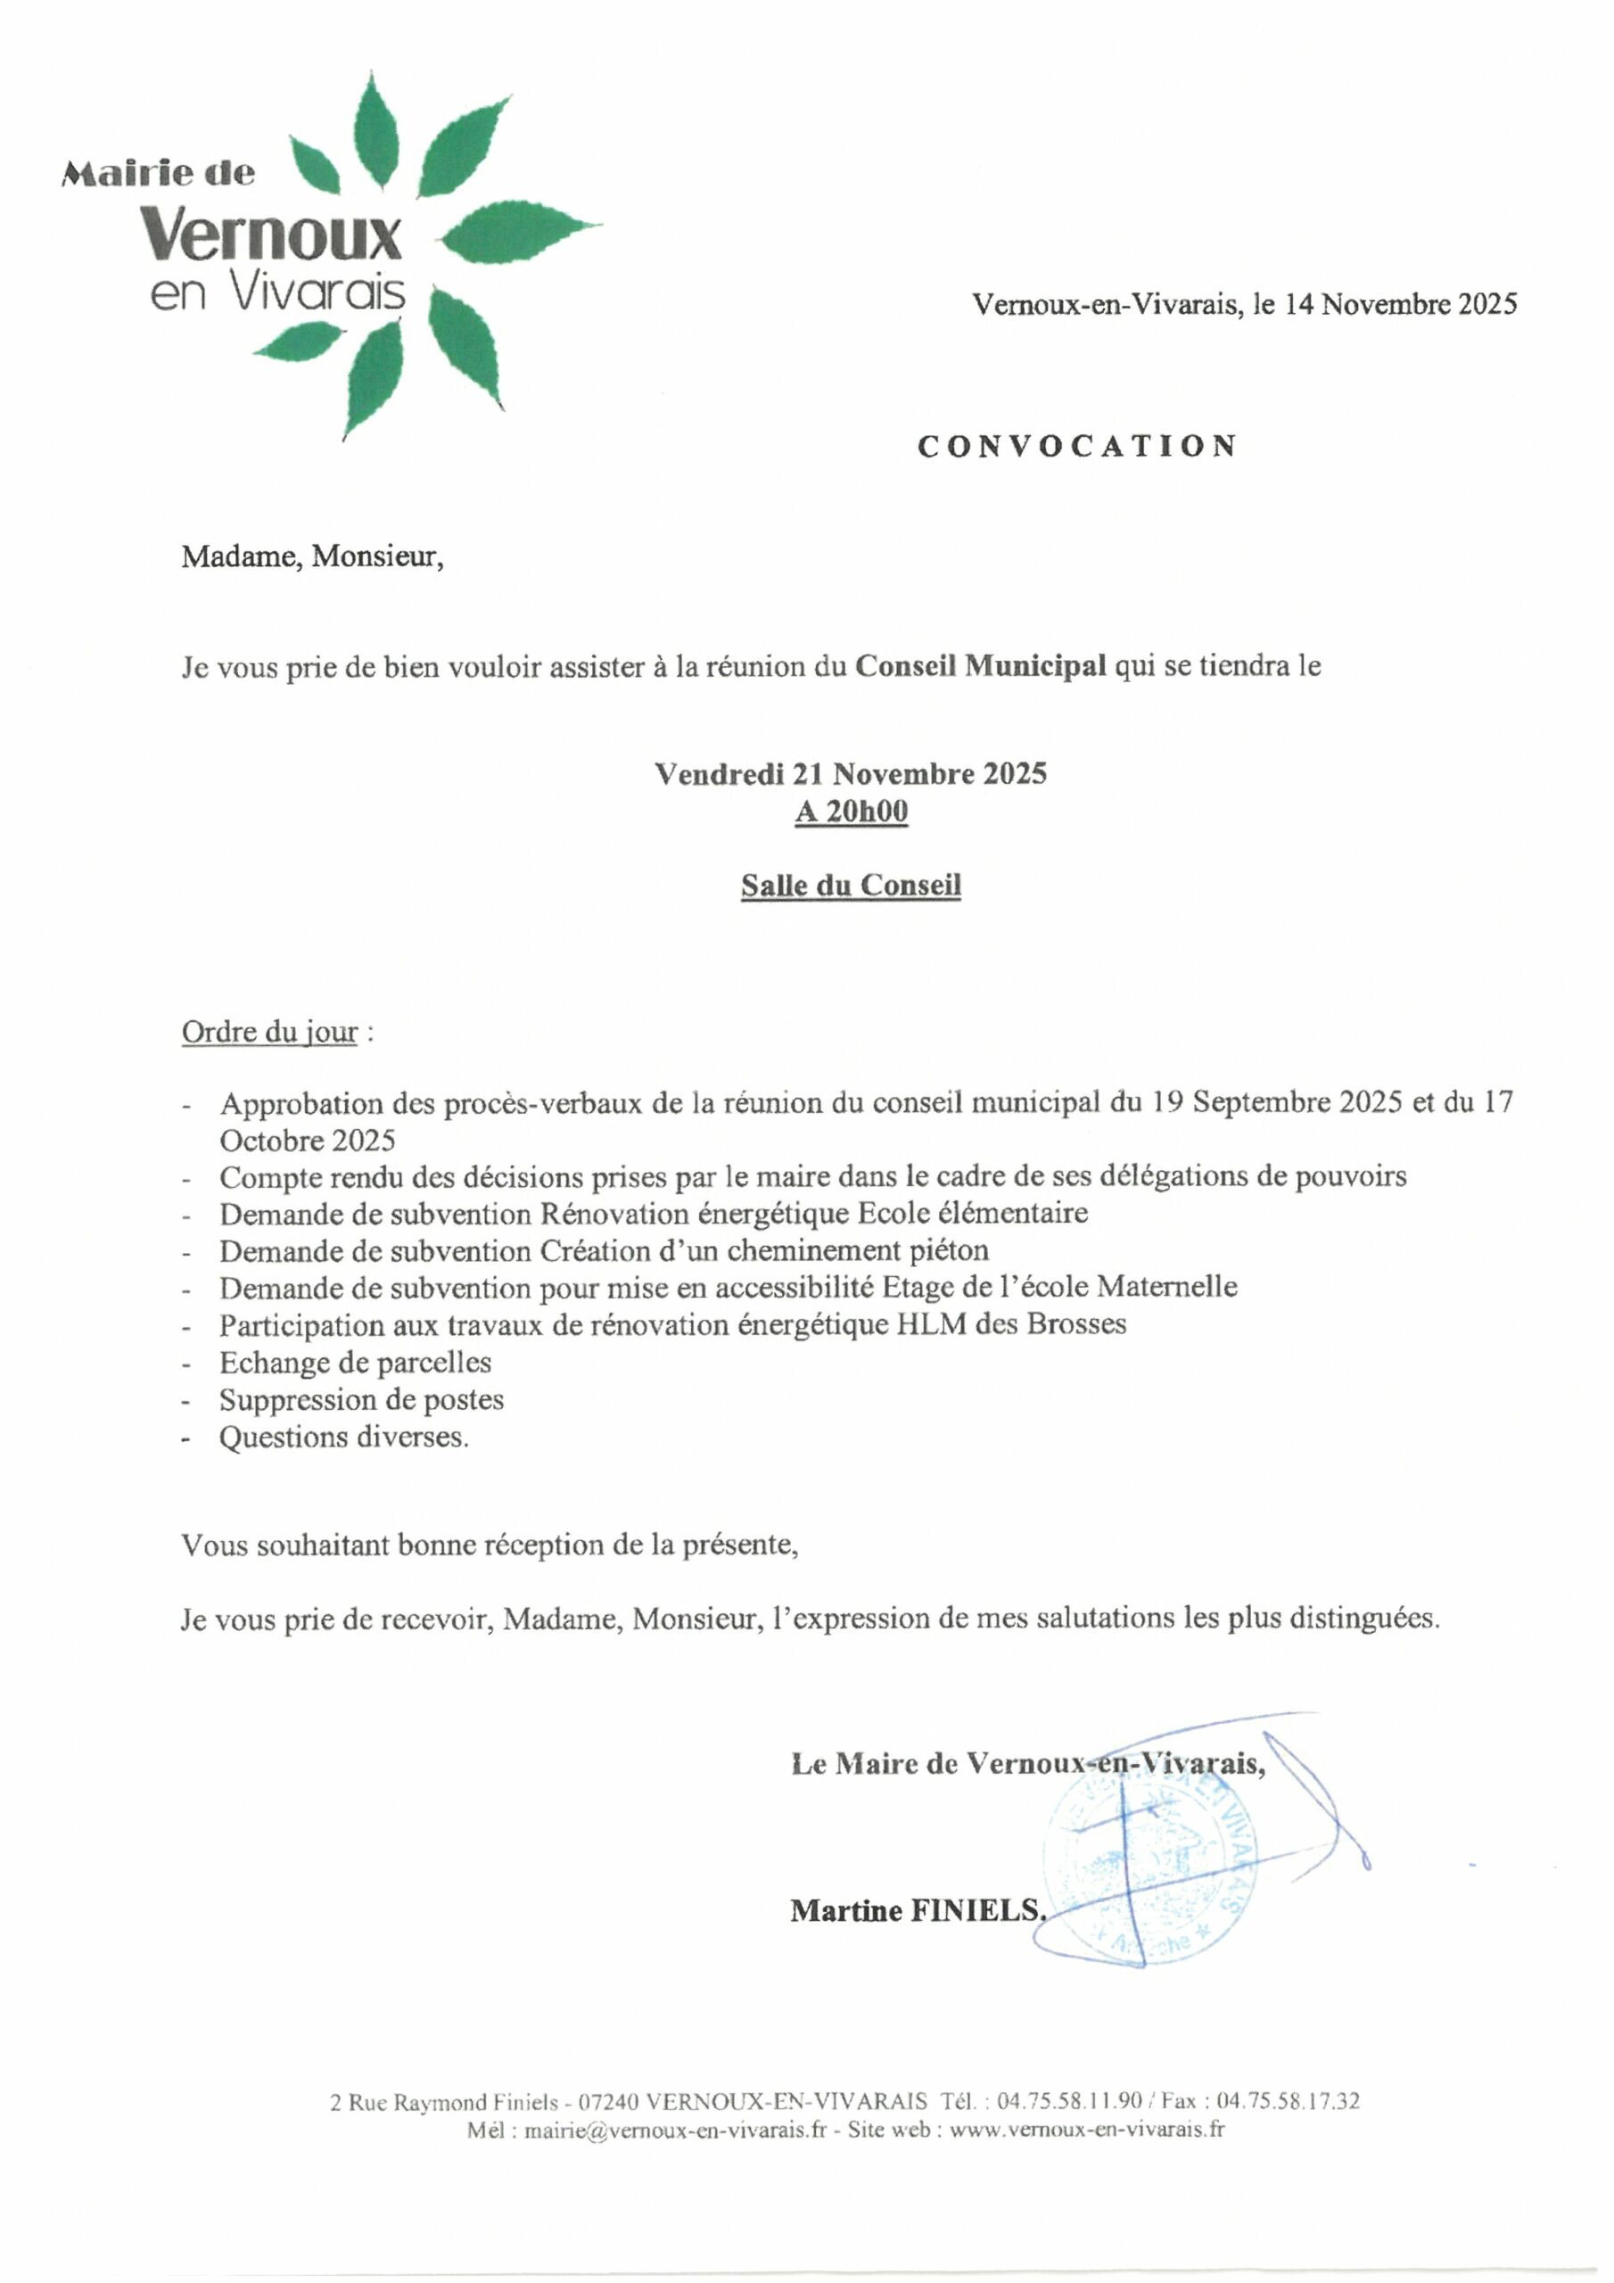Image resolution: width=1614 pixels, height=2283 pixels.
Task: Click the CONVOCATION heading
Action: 1076,446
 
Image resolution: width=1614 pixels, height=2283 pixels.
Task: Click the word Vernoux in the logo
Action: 270,235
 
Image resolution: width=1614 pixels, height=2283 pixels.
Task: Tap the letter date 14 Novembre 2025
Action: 1400,304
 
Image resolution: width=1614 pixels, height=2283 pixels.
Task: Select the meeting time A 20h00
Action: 851,812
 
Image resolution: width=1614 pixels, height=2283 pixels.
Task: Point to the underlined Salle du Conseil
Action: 851,885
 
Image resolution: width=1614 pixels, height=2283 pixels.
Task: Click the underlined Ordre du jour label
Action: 268,1032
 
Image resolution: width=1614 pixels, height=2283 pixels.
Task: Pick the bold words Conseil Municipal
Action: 981,665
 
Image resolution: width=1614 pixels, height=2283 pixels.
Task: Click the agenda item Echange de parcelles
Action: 355,1363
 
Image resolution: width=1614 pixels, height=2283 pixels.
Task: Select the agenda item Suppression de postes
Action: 361,1399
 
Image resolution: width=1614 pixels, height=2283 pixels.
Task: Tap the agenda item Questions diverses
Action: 343,1437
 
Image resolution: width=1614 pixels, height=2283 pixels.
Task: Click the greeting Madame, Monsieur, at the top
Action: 311,556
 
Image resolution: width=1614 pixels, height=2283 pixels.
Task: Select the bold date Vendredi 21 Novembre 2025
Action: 851,773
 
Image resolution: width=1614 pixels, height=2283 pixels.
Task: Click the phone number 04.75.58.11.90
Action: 1069,2101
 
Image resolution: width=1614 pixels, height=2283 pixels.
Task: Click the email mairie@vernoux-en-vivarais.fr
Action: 675,2130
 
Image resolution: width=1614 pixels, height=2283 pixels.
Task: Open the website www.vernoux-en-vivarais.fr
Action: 1087,2130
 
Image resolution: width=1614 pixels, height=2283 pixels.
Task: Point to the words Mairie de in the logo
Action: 159,174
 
